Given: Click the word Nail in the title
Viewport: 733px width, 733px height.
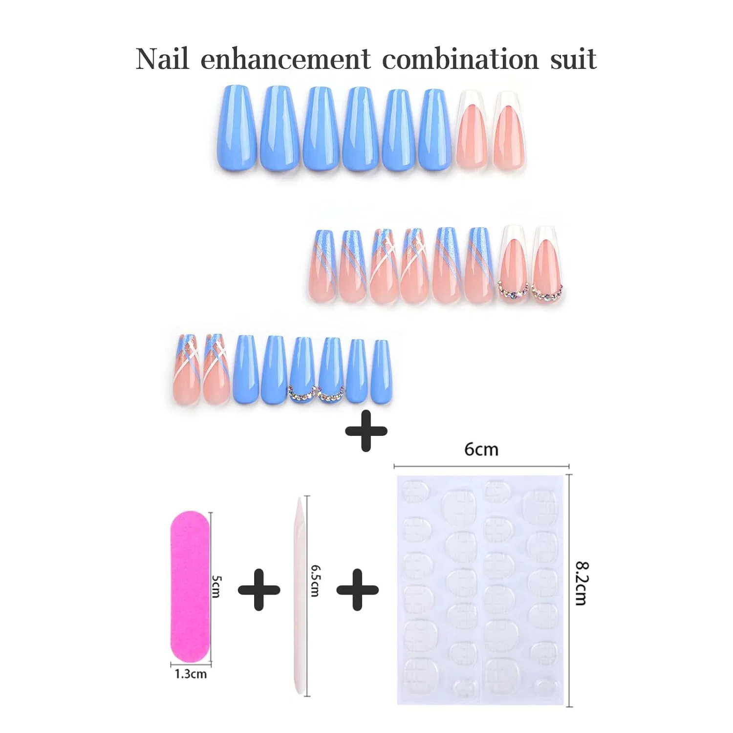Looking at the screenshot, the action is (162, 59).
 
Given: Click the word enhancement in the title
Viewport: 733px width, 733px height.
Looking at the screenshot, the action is (286, 59).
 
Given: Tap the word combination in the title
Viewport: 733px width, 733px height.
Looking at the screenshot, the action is (460, 59).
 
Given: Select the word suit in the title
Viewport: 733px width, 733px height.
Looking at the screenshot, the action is (574, 60).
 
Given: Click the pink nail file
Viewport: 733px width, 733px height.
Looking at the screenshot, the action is (190, 587).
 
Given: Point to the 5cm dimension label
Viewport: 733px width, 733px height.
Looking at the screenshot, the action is (217, 586).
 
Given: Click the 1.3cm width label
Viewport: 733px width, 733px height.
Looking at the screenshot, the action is (191, 674).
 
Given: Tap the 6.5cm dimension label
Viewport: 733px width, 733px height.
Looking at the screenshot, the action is (316, 581).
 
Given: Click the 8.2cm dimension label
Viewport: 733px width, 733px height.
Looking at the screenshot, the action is (582, 583).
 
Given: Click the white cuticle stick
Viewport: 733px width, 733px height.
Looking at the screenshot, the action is (299, 596).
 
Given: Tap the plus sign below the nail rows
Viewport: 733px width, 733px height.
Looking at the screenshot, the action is (366, 431).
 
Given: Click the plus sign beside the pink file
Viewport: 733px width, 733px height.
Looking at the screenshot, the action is (259, 590).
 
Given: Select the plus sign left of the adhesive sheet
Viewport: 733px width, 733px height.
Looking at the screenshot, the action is (358, 590).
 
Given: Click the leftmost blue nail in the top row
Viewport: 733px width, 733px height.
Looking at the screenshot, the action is (237, 129).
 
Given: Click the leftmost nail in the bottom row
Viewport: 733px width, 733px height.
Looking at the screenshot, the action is (187, 369).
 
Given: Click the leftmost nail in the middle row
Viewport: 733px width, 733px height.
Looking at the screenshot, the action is (323, 266).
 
